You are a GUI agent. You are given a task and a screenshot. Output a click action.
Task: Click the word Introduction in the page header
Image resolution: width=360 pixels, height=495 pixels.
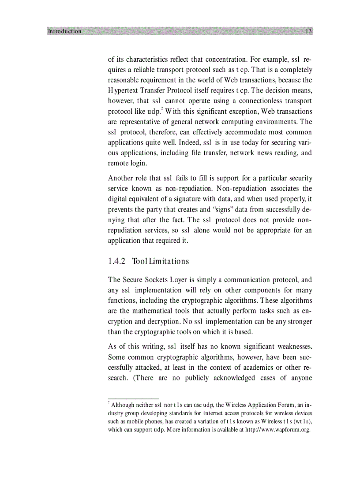[x=64, y=31]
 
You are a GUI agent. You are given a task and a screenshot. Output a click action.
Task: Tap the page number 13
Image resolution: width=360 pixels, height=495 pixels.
[x=308, y=31]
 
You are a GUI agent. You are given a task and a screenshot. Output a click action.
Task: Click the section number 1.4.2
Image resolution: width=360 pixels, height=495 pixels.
[x=117, y=261]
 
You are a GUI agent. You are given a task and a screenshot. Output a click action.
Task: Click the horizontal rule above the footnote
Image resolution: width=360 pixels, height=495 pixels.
[x=133, y=398]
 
